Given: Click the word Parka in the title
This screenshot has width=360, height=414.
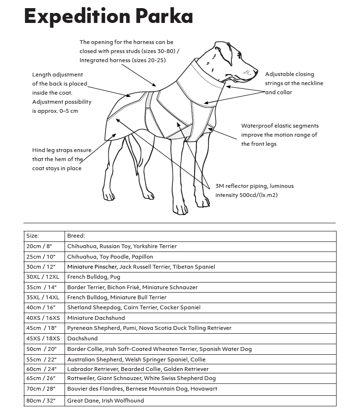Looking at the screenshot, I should [x=165, y=16].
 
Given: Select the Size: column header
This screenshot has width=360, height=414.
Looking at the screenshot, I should [x=33, y=236].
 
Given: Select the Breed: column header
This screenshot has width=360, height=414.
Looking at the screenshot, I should [x=76, y=236].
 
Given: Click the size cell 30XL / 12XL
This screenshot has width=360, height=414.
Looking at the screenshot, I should [x=43, y=277].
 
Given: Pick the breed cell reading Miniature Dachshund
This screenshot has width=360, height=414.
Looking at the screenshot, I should [x=96, y=318].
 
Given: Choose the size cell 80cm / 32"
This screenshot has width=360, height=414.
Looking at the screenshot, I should [x=43, y=401].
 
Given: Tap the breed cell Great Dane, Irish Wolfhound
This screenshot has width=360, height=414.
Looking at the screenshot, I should [x=106, y=401].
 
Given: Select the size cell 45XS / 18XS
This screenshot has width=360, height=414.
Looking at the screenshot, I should [x=43, y=338].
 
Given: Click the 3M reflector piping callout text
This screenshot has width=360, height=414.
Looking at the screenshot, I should [x=254, y=190].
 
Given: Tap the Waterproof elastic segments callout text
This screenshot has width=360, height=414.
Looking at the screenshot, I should [x=280, y=135].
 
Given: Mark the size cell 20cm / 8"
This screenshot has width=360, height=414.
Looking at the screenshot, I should [x=39, y=246].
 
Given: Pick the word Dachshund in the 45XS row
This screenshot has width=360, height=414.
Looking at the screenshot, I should [x=82, y=338].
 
